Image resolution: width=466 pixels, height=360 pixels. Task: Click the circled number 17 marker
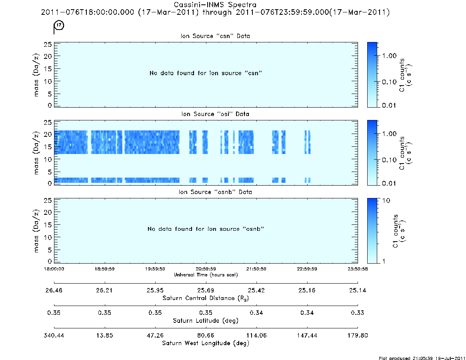59,25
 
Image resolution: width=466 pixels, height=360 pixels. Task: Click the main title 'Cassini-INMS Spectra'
215,5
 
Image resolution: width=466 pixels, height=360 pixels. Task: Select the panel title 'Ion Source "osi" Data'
215,114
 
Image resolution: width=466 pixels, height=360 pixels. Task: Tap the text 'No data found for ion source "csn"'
206,73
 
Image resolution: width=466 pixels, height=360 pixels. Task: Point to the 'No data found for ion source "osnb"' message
206,229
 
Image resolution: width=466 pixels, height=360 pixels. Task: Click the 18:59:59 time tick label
105,269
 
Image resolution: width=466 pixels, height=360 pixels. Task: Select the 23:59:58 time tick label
358,269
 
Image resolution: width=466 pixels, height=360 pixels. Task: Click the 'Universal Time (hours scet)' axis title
206,275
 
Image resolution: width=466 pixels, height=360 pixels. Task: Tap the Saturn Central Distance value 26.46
54,290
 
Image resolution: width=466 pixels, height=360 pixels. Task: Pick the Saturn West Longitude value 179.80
358,336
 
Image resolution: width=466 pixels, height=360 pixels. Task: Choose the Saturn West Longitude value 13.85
105,336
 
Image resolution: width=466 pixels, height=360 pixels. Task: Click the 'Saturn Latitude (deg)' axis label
206,321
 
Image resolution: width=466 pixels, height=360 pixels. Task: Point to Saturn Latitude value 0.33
358,313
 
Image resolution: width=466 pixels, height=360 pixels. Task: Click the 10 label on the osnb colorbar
386,201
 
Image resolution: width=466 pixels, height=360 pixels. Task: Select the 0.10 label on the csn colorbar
389,82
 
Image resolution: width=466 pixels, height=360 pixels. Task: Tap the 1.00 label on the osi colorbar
389,134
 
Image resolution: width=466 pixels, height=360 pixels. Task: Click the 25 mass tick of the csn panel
48,44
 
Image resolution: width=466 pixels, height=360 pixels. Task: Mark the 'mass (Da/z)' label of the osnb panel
36,231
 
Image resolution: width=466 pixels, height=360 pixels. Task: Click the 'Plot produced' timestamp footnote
422,358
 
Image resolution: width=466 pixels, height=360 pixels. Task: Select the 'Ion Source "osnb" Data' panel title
215,192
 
